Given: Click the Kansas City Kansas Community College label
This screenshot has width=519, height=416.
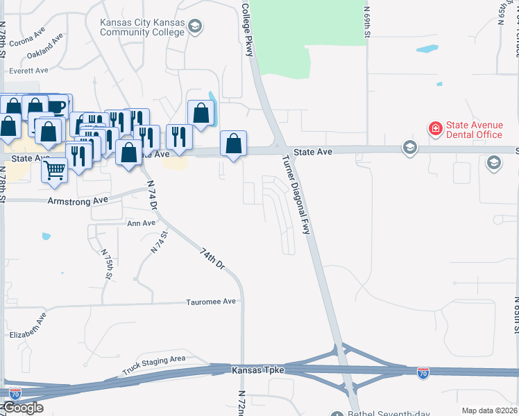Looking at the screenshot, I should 142,27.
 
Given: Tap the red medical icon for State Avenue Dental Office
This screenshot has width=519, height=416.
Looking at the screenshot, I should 435,129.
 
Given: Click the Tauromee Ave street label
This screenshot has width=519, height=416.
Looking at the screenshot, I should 211,302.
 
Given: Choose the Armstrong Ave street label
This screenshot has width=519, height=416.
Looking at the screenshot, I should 78,200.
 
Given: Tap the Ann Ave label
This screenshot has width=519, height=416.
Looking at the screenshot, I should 142,223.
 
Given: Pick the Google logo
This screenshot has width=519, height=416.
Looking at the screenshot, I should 23,408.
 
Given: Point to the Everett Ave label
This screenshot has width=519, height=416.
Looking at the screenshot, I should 28,70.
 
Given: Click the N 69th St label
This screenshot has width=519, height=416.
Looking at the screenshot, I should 368,21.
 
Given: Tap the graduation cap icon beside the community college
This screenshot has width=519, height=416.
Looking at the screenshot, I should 195,27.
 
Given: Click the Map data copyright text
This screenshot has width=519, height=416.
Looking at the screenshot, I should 489,410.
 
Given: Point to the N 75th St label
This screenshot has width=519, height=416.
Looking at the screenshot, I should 108,264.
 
